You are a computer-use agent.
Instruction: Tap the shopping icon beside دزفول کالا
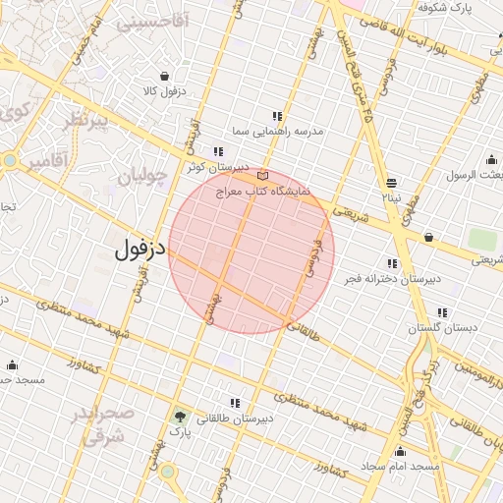pyautogui.click(x=162, y=76)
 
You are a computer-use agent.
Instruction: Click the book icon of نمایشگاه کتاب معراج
pyautogui.click(x=261, y=175)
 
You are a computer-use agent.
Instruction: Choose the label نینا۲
pyautogui.click(x=392, y=197)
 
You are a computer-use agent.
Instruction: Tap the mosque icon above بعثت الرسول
pyautogui.click(x=491, y=159)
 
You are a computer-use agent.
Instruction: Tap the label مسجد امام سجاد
pyautogui.click(x=399, y=465)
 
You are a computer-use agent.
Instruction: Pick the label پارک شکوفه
pyautogui.click(x=445, y=8)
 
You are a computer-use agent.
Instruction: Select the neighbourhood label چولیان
pyautogui.click(x=144, y=176)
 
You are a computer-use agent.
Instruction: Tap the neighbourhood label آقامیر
pyautogui.click(x=47, y=158)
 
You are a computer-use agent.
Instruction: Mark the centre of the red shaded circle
pyautogui.click(x=251, y=251)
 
